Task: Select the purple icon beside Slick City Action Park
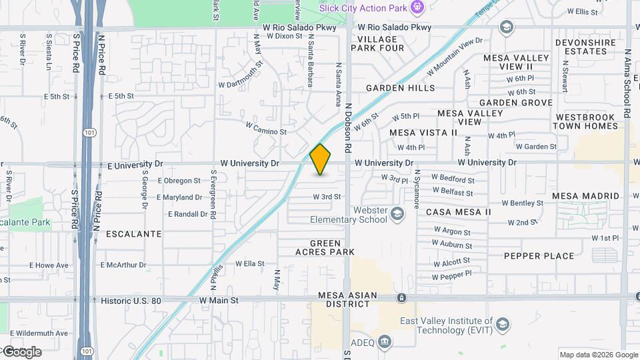(x=417, y=8)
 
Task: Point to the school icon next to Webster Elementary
(x=397, y=214)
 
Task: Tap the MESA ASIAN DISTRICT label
(x=347, y=299)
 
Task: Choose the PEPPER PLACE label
(x=539, y=256)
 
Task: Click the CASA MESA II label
(x=458, y=212)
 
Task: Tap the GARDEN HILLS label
(x=400, y=88)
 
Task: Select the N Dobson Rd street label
(x=347, y=126)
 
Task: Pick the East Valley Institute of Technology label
(x=446, y=325)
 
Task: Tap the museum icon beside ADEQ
(x=384, y=343)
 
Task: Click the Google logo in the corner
(x=21, y=352)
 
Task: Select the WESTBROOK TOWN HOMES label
(x=587, y=121)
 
